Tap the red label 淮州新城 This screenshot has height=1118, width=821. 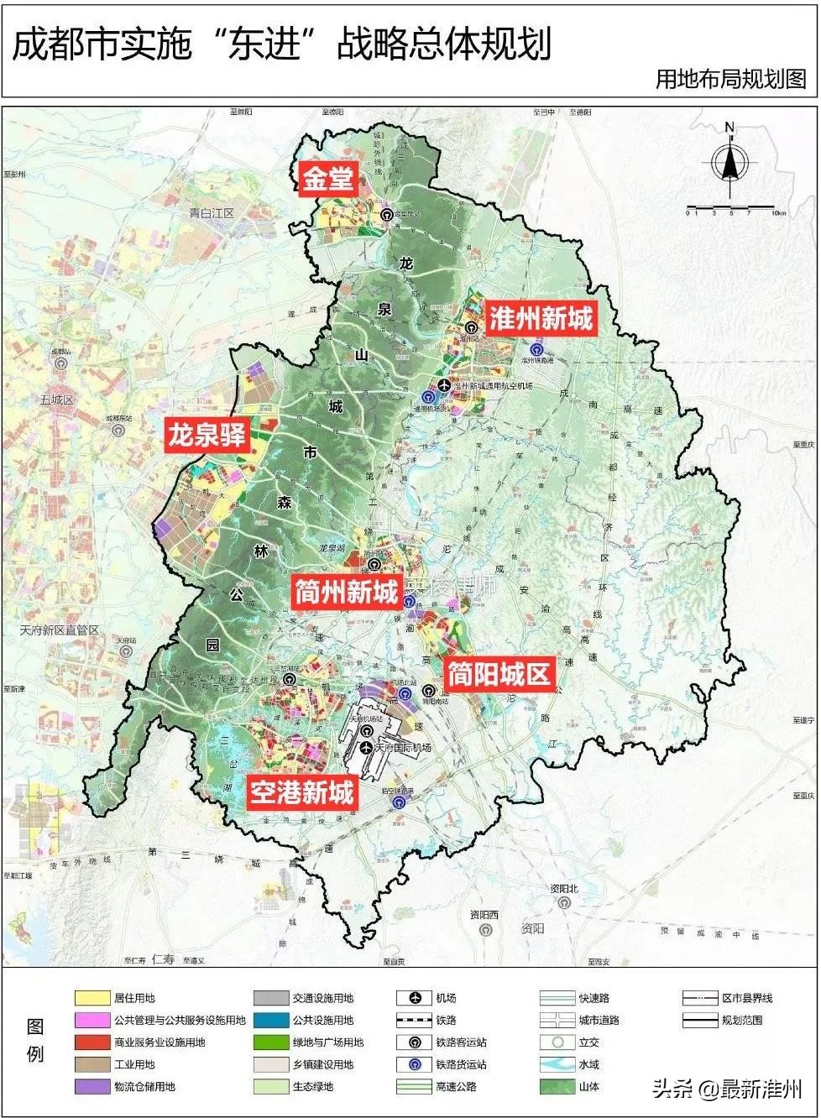pos(541,319)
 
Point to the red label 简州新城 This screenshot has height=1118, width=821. pos(346,593)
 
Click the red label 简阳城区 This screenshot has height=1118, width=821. pos(499,674)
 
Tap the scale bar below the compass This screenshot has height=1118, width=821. pos(729,206)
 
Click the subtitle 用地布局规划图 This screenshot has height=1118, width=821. pos(730,79)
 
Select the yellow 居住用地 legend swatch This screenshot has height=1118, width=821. pos(92,998)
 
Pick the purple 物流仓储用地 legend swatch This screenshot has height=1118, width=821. pos(92,1086)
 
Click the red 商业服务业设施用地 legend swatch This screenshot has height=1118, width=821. pos(92,1042)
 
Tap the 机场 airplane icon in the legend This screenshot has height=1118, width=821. pos(415,998)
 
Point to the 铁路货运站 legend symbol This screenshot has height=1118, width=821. pos(415,1064)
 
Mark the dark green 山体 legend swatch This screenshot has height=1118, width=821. pos(557,1086)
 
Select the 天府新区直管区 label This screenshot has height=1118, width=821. pos(60,630)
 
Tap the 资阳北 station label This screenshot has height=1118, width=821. pos(566,889)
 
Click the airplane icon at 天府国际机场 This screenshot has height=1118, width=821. pos(366,747)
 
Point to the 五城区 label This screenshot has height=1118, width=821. pos(57,400)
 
